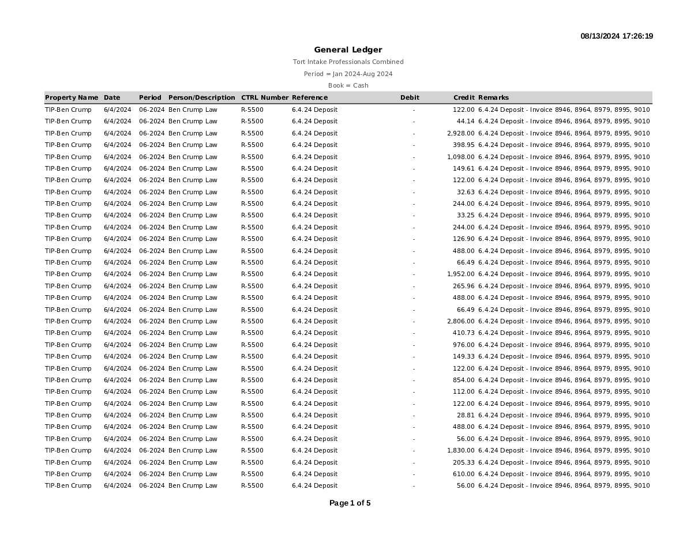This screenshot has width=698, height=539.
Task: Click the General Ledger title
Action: (x=348, y=50)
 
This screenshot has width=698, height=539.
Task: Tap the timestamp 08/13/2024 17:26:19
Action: (x=617, y=36)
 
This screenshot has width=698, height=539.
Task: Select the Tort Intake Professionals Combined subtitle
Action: (x=348, y=62)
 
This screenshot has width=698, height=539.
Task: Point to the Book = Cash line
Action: (x=348, y=85)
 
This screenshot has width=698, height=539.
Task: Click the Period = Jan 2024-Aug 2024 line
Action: (x=348, y=74)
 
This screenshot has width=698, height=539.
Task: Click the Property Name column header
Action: (x=72, y=97)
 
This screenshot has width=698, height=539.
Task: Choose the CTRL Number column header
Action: (x=264, y=97)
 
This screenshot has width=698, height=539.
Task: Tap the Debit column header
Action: (x=410, y=97)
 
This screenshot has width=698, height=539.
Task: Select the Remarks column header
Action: (x=493, y=97)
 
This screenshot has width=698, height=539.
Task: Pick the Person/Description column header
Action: (x=202, y=97)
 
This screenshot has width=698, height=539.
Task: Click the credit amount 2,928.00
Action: (x=461, y=133)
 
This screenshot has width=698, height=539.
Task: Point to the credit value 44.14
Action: (x=466, y=122)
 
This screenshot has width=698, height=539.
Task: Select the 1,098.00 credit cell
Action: (x=461, y=157)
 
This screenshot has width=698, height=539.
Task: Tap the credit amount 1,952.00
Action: (x=461, y=274)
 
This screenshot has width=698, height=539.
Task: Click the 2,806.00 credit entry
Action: (x=461, y=321)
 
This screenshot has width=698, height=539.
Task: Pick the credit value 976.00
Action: (x=464, y=345)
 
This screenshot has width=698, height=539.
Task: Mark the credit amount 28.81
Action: (x=466, y=415)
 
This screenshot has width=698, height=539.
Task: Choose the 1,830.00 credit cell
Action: (x=461, y=450)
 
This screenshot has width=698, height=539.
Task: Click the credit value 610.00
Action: (x=464, y=474)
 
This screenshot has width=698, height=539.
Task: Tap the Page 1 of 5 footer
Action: (x=350, y=503)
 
